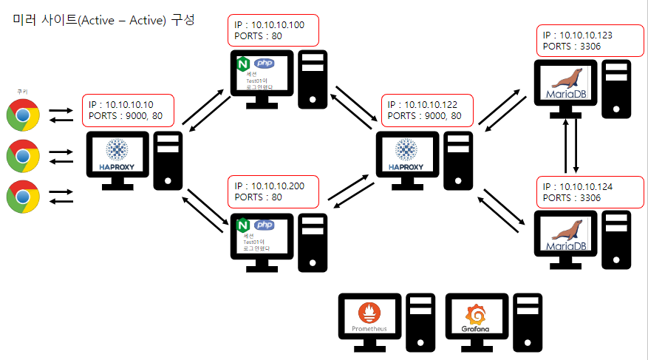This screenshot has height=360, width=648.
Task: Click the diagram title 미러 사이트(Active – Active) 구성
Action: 103,20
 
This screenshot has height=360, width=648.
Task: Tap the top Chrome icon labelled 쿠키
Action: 23,115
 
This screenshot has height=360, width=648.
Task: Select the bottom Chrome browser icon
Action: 23,197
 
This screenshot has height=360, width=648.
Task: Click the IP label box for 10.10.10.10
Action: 129,109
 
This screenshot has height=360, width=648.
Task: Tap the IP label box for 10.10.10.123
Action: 585,40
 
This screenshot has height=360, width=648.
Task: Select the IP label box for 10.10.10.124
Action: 585,191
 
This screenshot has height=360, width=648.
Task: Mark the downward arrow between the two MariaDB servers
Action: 576,148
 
